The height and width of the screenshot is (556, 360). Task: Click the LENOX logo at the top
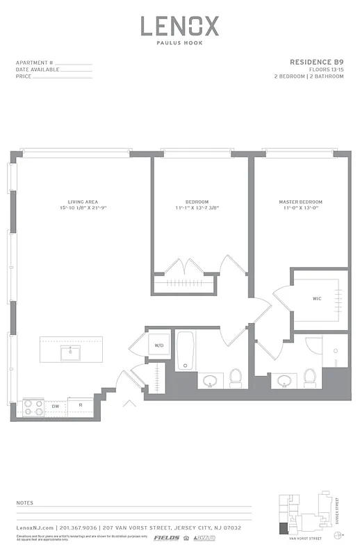180,26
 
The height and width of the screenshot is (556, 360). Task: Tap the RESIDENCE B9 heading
316,62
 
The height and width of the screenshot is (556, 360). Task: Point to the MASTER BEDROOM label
300,202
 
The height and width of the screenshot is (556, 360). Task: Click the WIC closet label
317,299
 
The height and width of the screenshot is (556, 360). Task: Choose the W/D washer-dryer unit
158,345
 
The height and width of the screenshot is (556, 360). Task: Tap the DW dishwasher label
56,404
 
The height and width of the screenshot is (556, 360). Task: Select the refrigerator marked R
81,404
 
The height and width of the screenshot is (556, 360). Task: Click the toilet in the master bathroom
309,377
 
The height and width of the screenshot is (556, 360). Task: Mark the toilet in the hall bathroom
235,377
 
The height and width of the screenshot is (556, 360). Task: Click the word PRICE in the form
23,76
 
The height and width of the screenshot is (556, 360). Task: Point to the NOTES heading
25,501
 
